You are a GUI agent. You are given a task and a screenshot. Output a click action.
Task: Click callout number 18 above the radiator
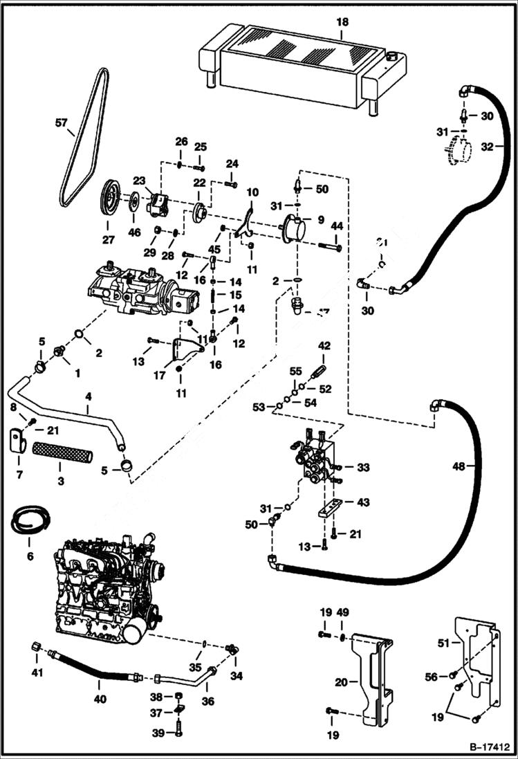click(342, 22)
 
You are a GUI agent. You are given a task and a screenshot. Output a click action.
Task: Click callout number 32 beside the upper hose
click(488, 147)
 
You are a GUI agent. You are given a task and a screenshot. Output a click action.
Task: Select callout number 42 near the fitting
click(325, 346)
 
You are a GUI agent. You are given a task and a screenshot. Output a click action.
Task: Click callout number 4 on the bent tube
click(88, 397)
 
